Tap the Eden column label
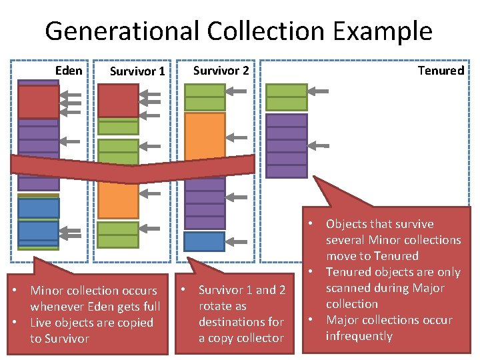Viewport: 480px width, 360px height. pos(69,70)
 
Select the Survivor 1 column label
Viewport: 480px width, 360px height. pos(137,71)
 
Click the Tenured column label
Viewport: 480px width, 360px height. pos(441,70)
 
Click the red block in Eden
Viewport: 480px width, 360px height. pos(38,102)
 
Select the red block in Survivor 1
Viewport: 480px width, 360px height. pos(118,100)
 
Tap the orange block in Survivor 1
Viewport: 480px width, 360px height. pos(118,199)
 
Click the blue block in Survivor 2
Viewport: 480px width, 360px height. pos(204,241)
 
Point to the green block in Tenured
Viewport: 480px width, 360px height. pos(286,97)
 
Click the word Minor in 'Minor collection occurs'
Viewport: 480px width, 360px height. pos(47,291)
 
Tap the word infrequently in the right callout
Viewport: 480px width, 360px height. pos(359,336)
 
